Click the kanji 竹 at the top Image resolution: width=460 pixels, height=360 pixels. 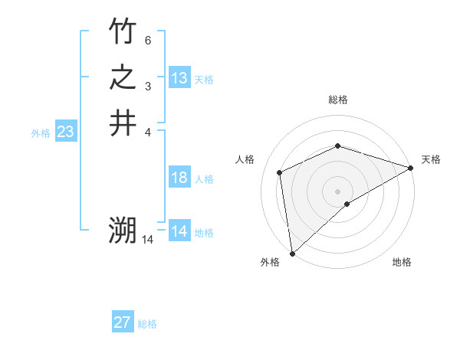[x=123, y=31]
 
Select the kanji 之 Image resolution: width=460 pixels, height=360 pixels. [x=123, y=77]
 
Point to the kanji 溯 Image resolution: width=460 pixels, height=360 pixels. [x=123, y=231]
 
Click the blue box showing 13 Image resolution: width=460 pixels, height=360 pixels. [x=179, y=78]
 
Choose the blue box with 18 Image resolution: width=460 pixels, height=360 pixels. [x=179, y=178]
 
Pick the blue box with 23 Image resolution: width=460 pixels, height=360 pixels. [x=66, y=132]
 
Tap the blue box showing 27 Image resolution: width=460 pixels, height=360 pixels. [x=123, y=322]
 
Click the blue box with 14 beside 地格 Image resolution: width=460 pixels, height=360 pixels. [x=179, y=231]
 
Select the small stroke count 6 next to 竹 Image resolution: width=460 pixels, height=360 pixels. [x=149, y=39]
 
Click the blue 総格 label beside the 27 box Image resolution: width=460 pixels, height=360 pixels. [x=147, y=324]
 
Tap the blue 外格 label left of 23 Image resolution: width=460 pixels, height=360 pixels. [x=41, y=133]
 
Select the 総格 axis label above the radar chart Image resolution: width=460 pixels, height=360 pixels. [x=338, y=100]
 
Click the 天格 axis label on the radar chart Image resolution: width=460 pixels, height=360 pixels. [x=431, y=159]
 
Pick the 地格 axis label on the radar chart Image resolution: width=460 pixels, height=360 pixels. [x=402, y=262]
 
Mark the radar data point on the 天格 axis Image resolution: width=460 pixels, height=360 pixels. [x=411, y=168]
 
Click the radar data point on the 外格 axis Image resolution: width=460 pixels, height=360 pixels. [x=292, y=253]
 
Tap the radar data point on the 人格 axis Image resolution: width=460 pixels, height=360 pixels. [x=280, y=172]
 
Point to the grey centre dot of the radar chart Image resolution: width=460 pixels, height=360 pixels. [x=337, y=191]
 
